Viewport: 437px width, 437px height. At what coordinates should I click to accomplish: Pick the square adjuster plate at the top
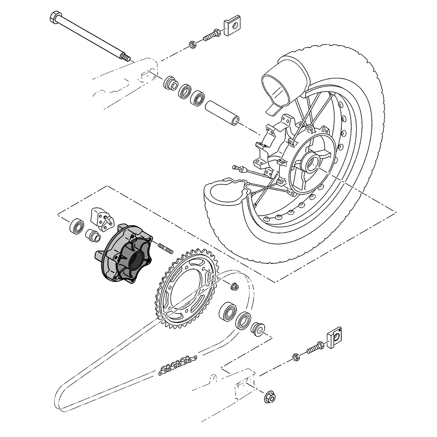pyautogui.click(x=233, y=24)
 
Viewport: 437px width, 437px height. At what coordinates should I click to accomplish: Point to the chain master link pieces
pyautogui.click(x=177, y=364)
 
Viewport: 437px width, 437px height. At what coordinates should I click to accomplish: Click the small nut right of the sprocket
pyautogui.click(x=234, y=287)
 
